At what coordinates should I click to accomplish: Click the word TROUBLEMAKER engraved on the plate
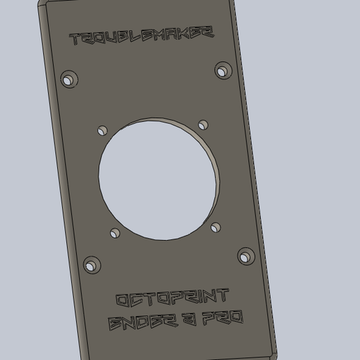142,36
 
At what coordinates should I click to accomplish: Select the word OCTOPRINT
172,299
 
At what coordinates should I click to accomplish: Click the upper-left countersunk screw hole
68,79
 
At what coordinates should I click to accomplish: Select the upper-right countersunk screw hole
223,70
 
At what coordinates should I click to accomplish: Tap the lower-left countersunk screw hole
91,264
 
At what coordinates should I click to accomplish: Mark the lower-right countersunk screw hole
246,256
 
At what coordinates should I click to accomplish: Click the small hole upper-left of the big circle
103,130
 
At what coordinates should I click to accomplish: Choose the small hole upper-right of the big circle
203,125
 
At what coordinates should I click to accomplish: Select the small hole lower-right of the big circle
216,227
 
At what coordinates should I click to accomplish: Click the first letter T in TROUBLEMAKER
75,40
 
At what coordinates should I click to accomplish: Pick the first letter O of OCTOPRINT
122,301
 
